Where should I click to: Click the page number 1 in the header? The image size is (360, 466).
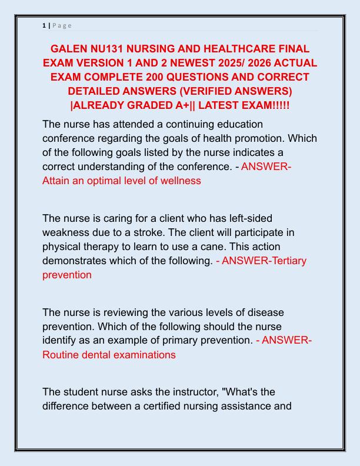point(44,25)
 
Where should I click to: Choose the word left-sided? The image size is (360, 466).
point(245,218)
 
